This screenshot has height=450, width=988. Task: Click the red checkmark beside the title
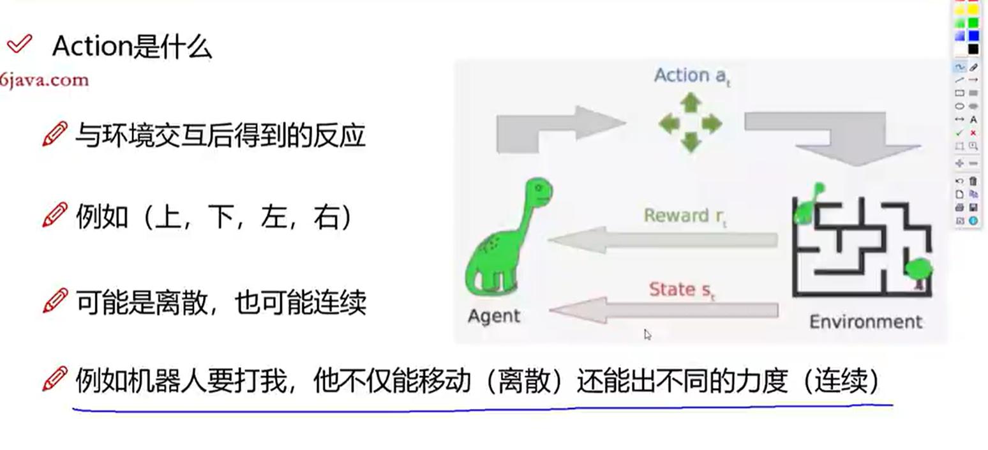pyautogui.click(x=19, y=44)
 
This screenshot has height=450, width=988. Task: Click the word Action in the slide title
pyautogui.click(x=91, y=47)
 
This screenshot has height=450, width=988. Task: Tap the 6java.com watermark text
pyautogui.click(x=44, y=80)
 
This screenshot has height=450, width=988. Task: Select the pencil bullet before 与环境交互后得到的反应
pyautogui.click(x=55, y=135)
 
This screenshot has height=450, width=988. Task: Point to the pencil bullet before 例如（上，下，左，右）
pyautogui.click(x=55, y=215)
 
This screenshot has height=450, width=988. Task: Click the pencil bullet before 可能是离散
pyautogui.click(x=55, y=301)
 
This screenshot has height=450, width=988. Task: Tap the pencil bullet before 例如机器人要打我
pyautogui.click(x=55, y=379)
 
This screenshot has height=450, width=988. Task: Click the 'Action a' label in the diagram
pyautogui.click(x=691, y=76)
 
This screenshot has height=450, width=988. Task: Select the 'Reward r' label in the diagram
pyautogui.click(x=684, y=216)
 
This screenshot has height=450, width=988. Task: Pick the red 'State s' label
pyautogui.click(x=681, y=290)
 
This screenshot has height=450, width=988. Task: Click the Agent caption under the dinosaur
pyautogui.click(x=493, y=316)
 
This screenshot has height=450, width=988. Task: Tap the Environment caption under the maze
pyautogui.click(x=865, y=322)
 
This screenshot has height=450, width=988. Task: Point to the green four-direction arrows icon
pyautogui.click(x=690, y=123)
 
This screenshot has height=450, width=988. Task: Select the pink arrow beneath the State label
pyautogui.click(x=663, y=311)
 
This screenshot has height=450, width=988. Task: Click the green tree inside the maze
pyautogui.click(x=918, y=269)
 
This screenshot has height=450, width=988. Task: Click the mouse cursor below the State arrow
pyautogui.click(x=647, y=334)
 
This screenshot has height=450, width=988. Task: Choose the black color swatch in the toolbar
pyautogui.click(x=973, y=49)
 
